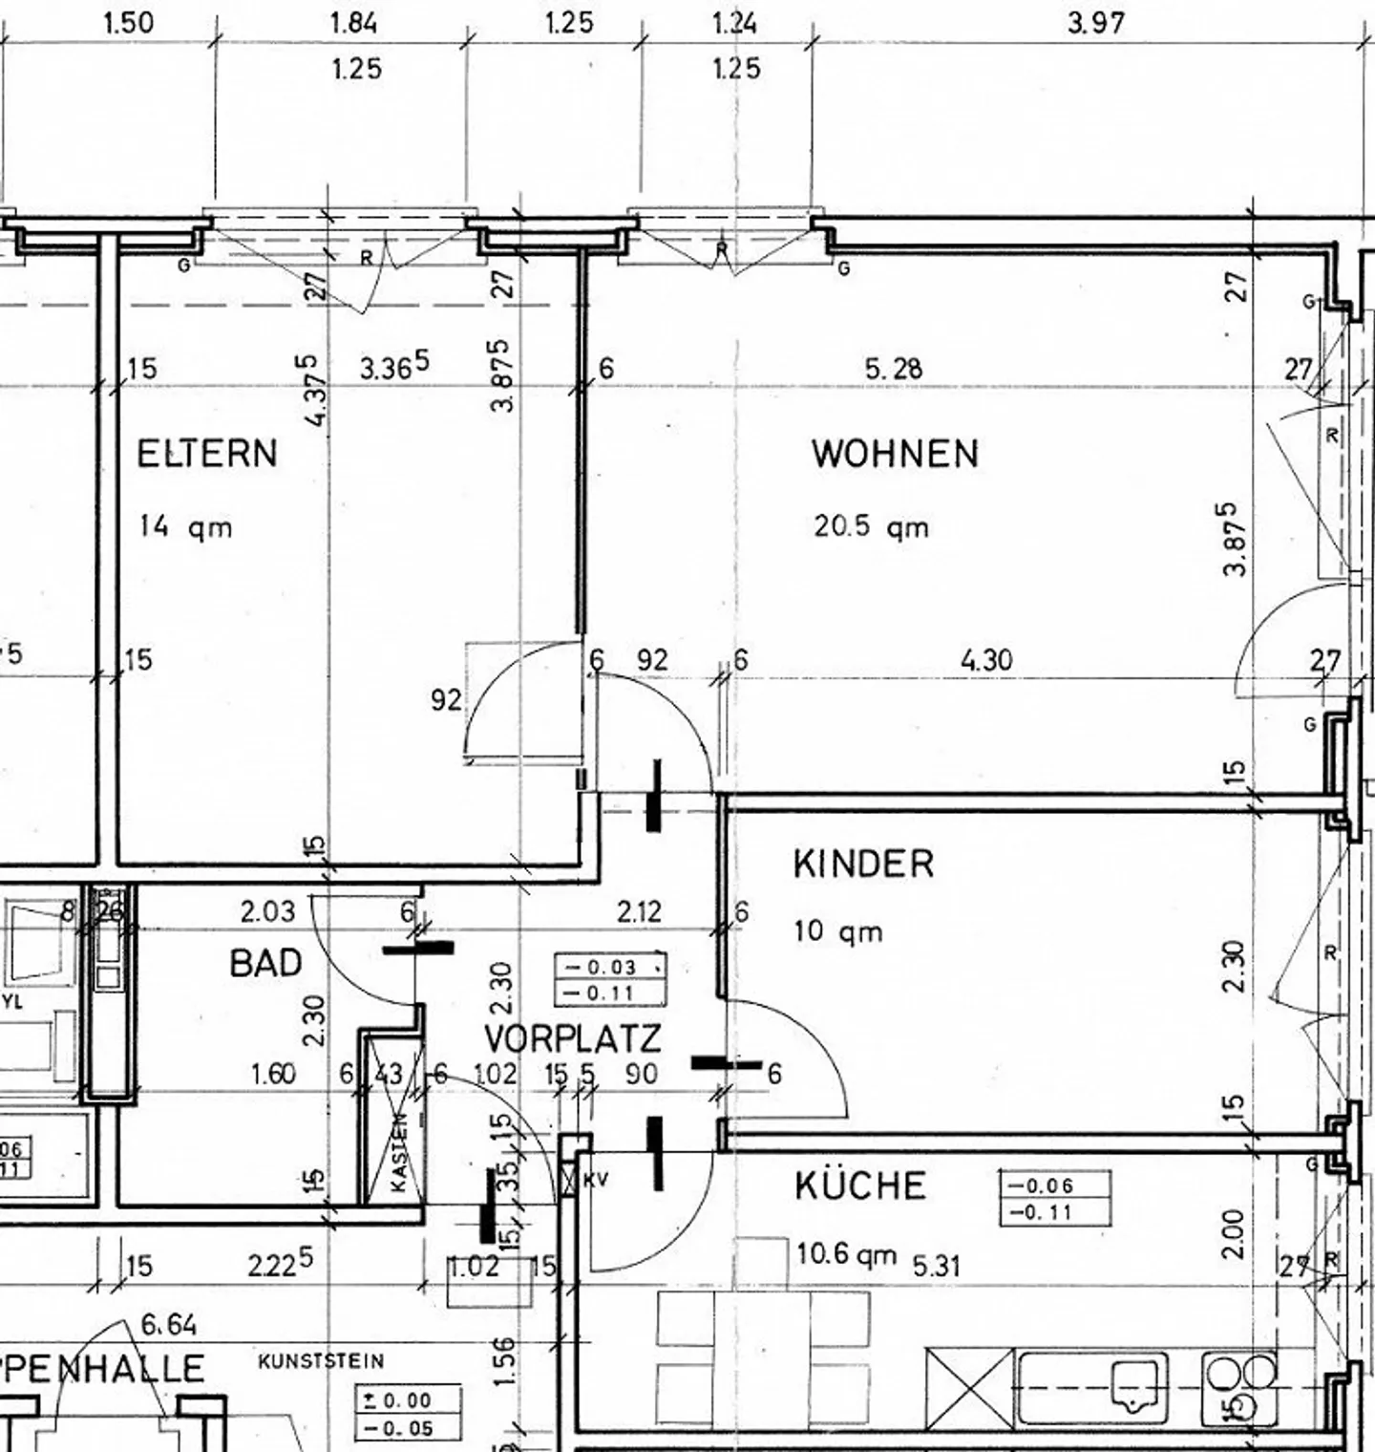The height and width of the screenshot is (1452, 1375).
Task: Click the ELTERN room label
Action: pos(207,453)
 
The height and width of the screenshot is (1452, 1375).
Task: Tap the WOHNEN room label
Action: pos(895,453)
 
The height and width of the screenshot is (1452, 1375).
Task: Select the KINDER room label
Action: pos(863,864)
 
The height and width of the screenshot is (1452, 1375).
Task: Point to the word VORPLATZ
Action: pos(572,1039)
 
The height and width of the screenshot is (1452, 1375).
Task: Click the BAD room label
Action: pos(265,963)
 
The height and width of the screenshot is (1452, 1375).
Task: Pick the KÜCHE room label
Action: pos(860,1186)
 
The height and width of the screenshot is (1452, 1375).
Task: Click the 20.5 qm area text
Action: pos(871,526)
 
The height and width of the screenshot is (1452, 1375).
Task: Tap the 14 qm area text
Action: pos(185,526)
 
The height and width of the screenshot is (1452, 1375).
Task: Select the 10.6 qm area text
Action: pos(846,1253)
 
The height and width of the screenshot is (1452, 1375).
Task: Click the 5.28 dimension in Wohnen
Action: pos(894,368)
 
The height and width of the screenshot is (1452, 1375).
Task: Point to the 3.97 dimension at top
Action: pos(1096,22)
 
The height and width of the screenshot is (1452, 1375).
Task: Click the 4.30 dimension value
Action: pos(986,659)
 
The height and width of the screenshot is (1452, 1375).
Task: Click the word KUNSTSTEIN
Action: pos(321,1360)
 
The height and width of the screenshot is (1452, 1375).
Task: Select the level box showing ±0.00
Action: pos(408,1400)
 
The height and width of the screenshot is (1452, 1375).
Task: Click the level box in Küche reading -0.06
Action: pos(1054,1185)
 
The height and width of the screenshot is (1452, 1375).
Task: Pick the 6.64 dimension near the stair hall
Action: pos(169,1324)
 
